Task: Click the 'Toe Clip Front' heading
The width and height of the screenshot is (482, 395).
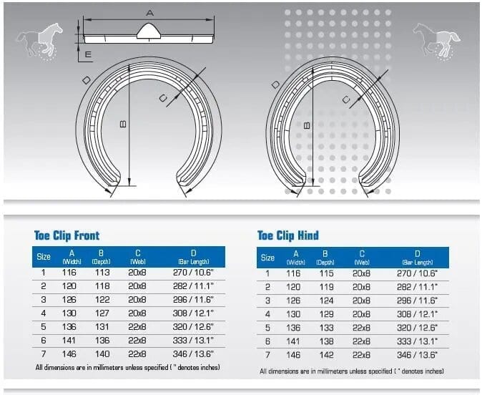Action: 67,235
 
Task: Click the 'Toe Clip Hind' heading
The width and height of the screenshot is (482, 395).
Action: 288,235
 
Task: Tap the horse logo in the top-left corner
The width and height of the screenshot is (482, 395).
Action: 39,40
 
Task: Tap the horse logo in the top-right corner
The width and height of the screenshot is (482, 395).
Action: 436,40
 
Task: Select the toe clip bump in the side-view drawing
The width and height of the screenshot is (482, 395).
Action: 149,31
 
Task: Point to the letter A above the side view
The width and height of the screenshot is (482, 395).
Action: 149,13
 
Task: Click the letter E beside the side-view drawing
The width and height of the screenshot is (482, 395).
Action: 88,54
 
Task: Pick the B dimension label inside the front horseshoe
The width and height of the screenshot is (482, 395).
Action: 123,124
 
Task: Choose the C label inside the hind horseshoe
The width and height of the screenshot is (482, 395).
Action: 346,99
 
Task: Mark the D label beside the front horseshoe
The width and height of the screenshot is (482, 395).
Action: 87,80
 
